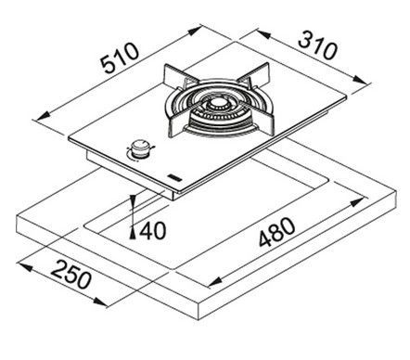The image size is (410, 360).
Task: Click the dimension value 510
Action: click(x=121, y=58)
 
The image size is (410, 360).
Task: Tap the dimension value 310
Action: click(x=317, y=45)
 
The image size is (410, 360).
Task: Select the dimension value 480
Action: click(x=277, y=232)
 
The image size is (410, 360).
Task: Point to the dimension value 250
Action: click(x=70, y=275)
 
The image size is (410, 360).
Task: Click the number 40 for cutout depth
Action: click(x=152, y=230)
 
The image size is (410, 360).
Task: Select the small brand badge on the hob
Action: click(x=173, y=177)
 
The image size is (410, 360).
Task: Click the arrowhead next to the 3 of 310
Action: click(x=263, y=34)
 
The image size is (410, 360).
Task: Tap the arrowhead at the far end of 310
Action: click(x=363, y=80)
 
